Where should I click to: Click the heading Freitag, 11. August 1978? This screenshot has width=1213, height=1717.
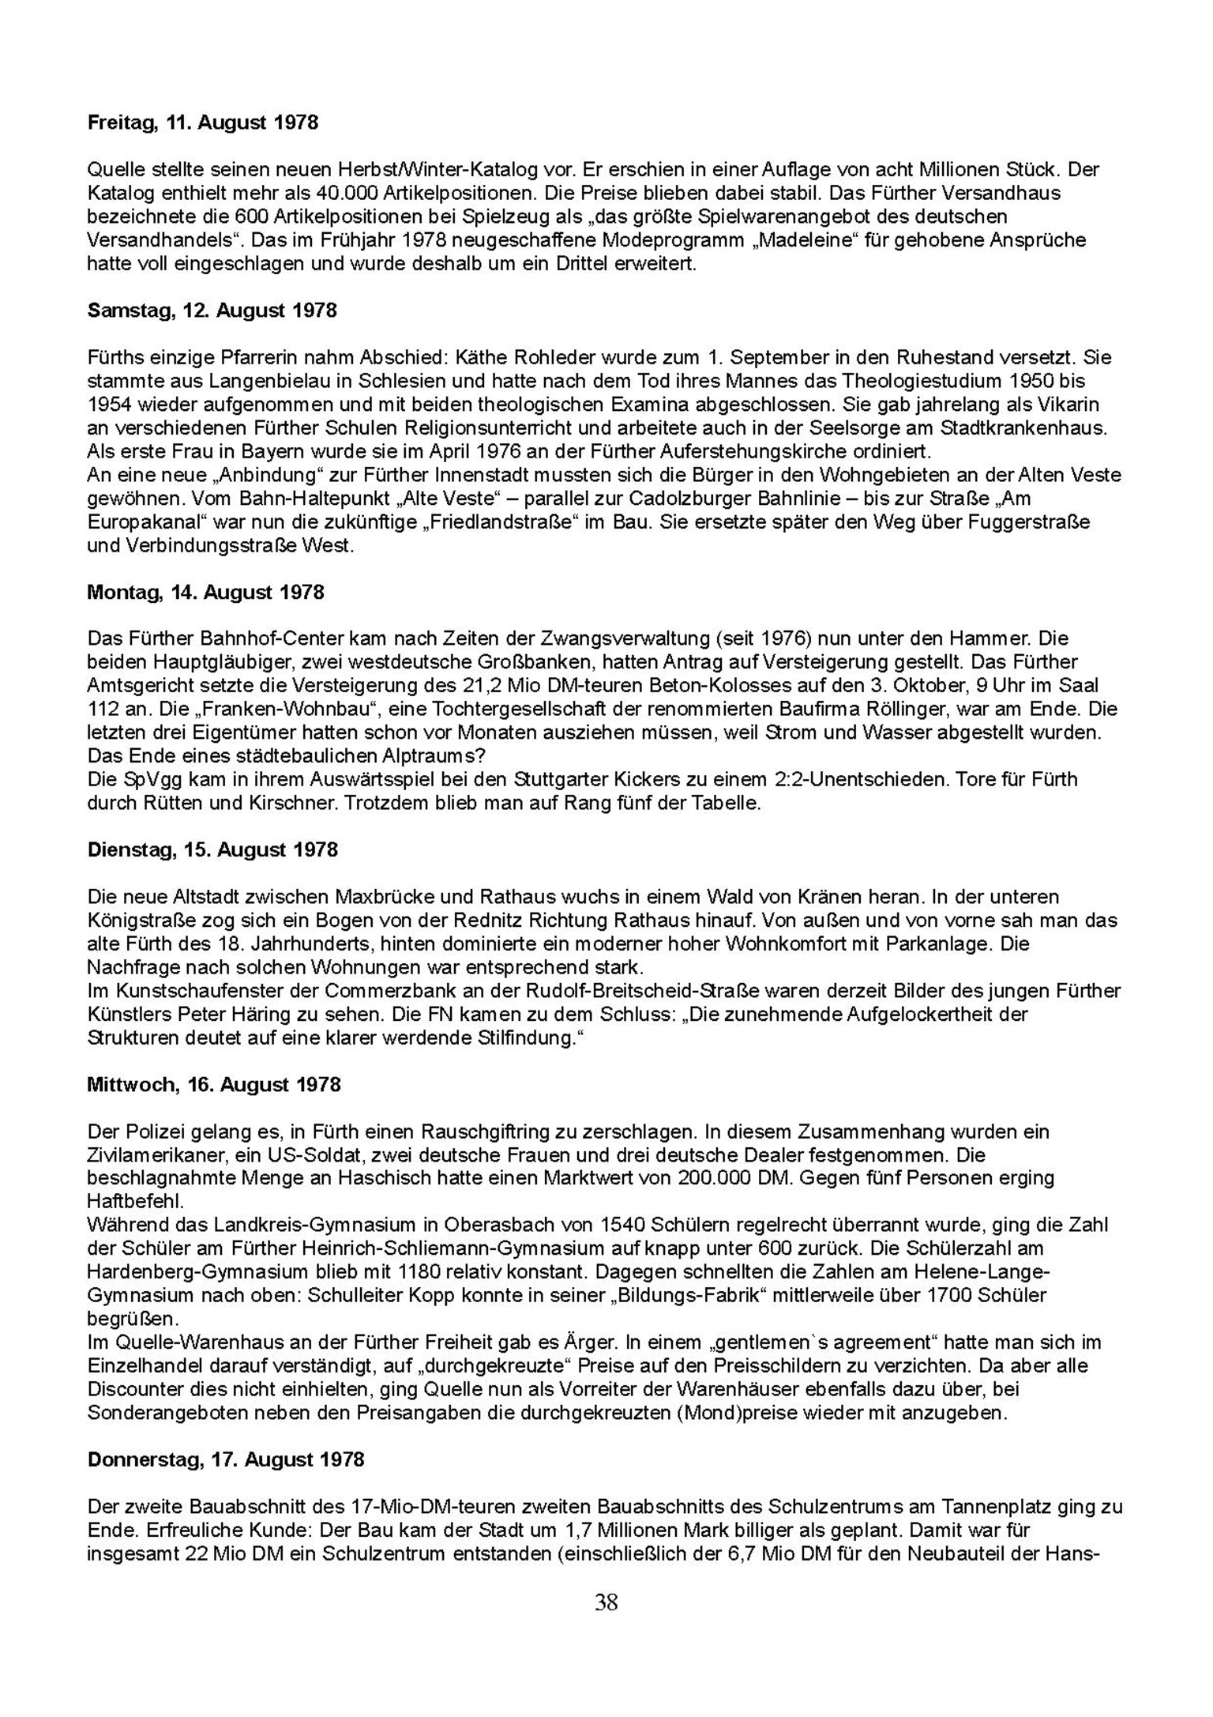[203, 122]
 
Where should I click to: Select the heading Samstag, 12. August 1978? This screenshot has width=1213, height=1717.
[212, 311]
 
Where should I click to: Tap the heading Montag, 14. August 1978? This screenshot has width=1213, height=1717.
[205, 593]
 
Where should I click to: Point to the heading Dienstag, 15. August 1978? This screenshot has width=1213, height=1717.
[212, 849]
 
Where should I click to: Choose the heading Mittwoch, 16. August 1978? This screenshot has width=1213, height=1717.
[214, 1085]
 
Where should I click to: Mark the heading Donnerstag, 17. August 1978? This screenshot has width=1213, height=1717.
[226, 1459]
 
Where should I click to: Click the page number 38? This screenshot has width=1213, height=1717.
[606, 1602]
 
